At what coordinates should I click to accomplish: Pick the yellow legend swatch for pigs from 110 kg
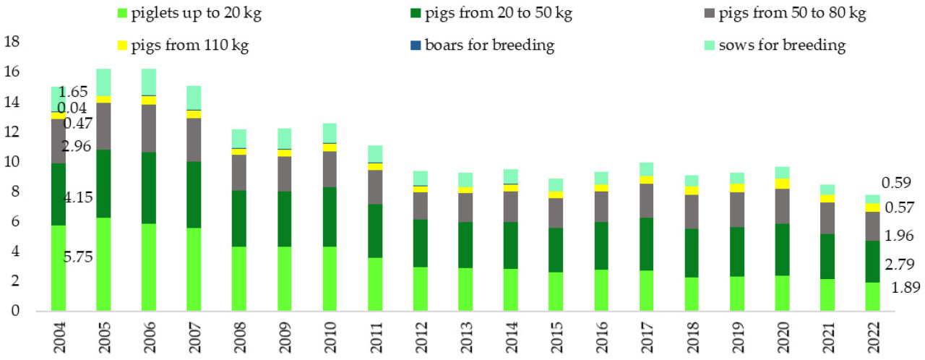[122, 46]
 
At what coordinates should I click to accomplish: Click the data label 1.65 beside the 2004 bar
[73, 93]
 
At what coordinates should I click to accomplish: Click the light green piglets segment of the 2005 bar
[103, 264]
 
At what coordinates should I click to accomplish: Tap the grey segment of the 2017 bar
[556, 200]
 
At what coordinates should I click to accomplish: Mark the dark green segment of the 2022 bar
[872, 262]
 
